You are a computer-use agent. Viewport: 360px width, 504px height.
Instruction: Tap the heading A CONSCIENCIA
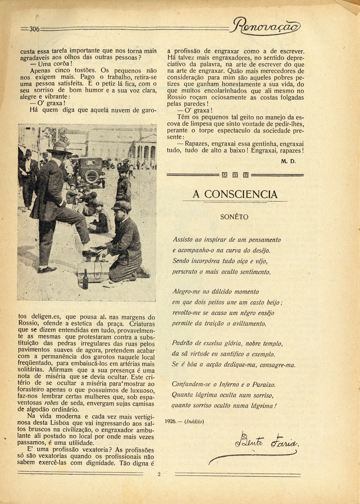(x=235, y=194)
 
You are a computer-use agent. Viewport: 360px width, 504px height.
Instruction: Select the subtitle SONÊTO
(x=234, y=217)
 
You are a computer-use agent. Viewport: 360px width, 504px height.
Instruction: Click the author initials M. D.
(x=288, y=161)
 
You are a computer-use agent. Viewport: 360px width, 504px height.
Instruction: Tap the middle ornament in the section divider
(x=235, y=175)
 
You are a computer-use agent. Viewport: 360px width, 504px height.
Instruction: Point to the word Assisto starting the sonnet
(x=183, y=239)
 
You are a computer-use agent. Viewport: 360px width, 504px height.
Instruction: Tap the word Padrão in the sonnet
(x=182, y=344)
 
